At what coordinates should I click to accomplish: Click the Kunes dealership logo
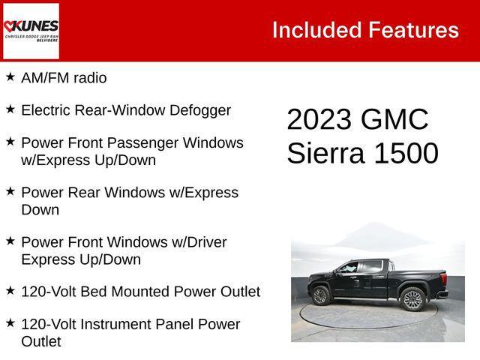tap(31, 31)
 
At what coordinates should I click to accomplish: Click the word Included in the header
tap(316, 30)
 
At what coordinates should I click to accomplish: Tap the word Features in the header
tap(413, 30)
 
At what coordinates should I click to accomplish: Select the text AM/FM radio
tap(64, 78)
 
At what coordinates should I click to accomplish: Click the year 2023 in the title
tap(319, 120)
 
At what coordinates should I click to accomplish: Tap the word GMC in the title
tap(394, 120)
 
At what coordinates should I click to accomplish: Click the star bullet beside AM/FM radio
tap(10, 76)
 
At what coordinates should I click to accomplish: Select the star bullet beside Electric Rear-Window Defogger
tap(10, 109)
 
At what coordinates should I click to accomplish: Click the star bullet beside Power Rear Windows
tap(10, 191)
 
